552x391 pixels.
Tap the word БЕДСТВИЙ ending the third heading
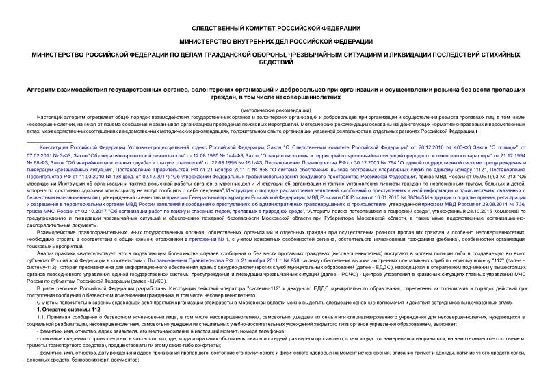pos(276,63)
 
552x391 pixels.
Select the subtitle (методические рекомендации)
pos(276,110)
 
